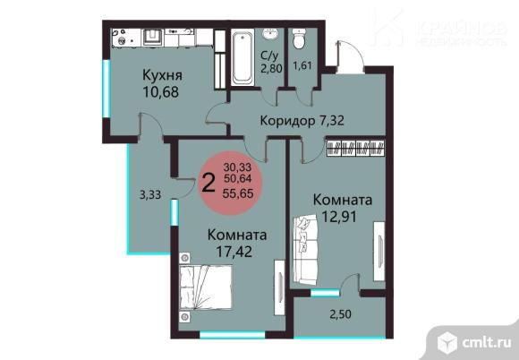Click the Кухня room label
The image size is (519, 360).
pos(162,75)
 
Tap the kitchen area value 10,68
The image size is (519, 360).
pos(161,91)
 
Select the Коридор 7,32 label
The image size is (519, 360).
pos(302,121)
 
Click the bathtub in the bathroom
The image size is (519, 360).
pos(242,57)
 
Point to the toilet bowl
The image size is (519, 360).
pos(300,39)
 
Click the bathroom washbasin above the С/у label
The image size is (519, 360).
pos(271,33)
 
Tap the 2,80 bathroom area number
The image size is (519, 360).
pos(271,69)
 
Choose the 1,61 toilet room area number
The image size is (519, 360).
pos(302,65)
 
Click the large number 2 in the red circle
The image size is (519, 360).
pos(208,184)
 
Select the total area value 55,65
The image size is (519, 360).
pos(238,193)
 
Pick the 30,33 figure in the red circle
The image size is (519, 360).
pos(237,167)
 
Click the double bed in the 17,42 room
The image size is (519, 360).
pos(206,287)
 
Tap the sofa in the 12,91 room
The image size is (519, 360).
pos(305,250)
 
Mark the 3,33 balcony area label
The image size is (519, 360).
pos(150,194)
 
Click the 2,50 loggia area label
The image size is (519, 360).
pos(340,314)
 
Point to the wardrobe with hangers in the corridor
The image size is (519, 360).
pos(356,148)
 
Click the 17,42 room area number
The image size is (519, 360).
pos(234,252)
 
